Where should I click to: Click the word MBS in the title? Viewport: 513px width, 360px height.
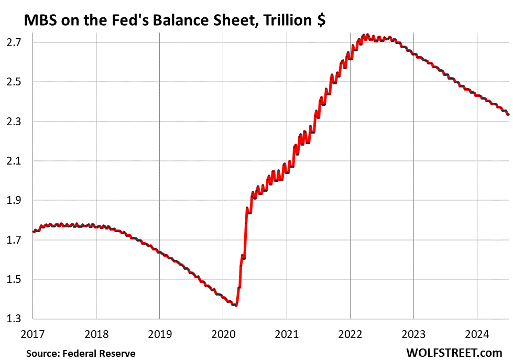click(38, 20)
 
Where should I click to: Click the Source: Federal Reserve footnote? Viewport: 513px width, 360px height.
click(81, 354)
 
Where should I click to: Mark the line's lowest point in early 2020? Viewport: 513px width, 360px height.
click(236, 306)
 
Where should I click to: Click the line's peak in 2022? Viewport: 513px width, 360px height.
click(367, 35)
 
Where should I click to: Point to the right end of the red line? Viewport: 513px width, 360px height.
click(508, 114)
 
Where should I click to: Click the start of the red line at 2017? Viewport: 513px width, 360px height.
click(34, 232)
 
